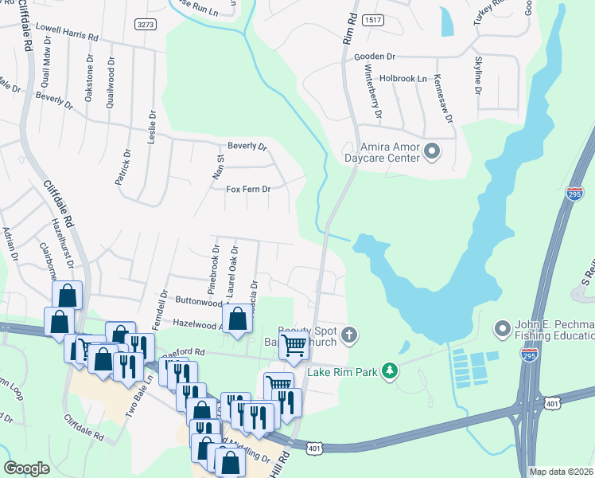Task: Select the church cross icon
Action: click(x=351, y=336)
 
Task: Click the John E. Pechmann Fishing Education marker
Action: click(x=502, y=328)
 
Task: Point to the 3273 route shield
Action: click(x=146, y=25)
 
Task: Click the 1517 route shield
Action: click(x=371, y=18)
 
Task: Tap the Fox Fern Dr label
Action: click(x=249, y=190)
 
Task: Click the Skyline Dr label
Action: click(x=478, y=76)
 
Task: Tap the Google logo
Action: click(x=26, y=468)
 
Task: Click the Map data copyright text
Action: click(x=561, y=472)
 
